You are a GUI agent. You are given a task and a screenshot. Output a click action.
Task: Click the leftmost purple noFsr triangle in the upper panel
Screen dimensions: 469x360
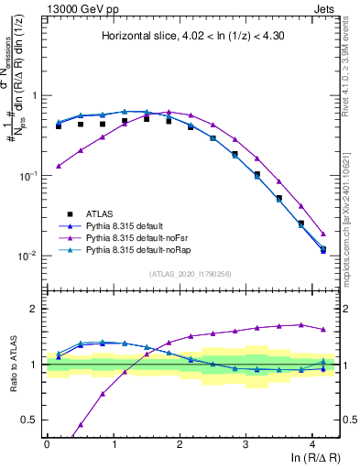click(x=59, y=166)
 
